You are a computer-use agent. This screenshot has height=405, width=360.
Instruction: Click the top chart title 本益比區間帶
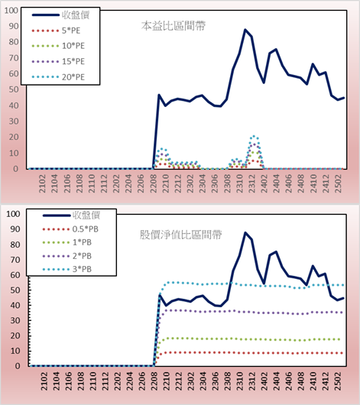(x=174, y=26)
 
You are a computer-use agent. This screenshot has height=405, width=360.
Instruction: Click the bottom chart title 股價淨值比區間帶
(x=181, y=235)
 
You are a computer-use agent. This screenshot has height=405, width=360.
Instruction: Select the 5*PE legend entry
(x=56, y=31)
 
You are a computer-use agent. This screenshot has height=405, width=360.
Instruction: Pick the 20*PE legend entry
(x=58, y=77)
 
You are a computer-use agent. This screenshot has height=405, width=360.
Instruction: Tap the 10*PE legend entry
(x=58, y=46)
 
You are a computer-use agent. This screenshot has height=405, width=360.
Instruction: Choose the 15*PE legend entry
(x=58, y=61)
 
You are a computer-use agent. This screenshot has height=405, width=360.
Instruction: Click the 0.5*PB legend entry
(x=70, y=229)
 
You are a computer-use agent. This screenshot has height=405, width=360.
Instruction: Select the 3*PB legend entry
(x=67, y=269)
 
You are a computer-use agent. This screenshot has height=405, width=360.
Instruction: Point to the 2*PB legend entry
(x=67, y=256)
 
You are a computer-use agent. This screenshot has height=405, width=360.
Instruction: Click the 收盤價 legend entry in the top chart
(x=60, y=15)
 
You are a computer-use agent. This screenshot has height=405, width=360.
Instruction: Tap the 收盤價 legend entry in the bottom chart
(x=71, y=215)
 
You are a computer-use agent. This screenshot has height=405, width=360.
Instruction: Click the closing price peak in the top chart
(x=245, y=30)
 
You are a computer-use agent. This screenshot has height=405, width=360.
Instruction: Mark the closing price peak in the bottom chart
(x=245, y=233)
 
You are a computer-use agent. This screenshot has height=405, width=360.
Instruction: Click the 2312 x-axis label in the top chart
(x=251, y=183)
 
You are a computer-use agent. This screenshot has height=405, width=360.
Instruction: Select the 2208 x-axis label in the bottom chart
(x=154, y=381)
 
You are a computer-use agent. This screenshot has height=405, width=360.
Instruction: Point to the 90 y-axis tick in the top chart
(x=14, y=26)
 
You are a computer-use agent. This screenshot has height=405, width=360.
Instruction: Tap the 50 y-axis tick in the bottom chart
(x=15, y=290)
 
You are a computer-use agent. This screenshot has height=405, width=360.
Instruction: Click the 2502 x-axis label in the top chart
(x=338, y=183)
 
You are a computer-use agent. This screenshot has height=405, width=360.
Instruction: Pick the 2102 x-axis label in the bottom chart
(x=44, y=381)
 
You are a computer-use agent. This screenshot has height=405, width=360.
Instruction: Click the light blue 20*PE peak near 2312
(x=254, y=136)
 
